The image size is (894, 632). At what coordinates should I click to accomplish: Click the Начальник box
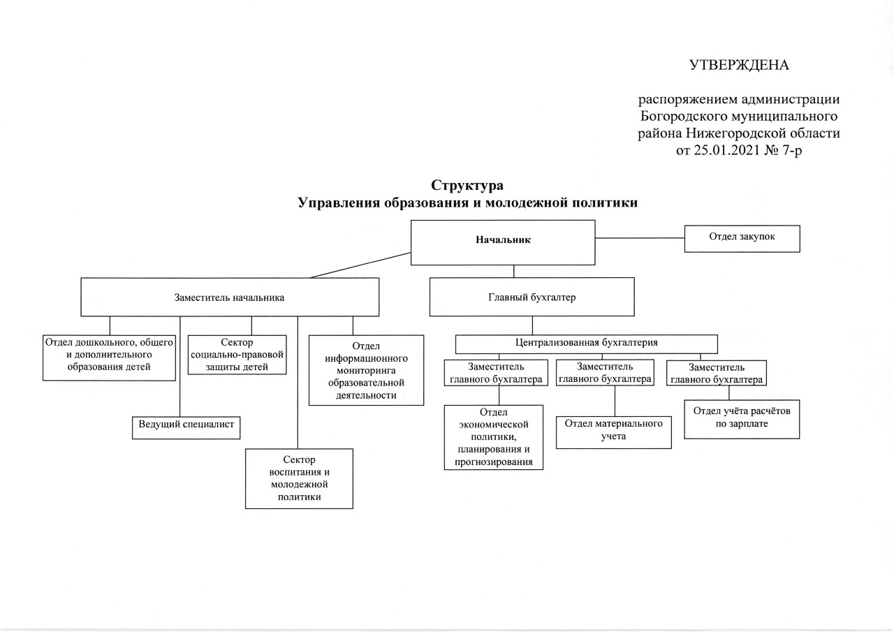pos(503,242)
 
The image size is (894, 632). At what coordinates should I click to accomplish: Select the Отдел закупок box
pos(742,239)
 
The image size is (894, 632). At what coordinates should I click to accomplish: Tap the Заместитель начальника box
pos(230,297)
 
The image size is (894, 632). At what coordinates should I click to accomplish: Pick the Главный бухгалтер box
pos(532,297)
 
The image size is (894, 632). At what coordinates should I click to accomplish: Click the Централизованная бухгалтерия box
pos(586,344)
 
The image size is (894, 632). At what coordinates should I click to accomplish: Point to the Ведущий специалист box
pos(186,427)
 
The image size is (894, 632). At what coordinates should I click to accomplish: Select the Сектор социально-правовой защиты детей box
pos(237,355)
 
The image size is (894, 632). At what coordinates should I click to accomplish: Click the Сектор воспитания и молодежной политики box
pos(299,479)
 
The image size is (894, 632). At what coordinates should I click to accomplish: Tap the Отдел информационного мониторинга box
pos(366,370)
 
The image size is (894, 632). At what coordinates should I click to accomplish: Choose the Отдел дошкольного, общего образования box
pos(109,358)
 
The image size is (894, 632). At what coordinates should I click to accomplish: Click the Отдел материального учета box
pos(613,432)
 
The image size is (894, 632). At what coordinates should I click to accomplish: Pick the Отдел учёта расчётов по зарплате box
pos(742,419)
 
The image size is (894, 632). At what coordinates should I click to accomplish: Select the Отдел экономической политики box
pos(494,437)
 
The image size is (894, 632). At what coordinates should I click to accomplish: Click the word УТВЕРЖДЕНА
pos(739,65)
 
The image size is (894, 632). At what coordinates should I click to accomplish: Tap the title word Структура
pos(467,185)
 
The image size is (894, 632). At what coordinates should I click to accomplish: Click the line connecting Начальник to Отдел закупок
pos(640,238)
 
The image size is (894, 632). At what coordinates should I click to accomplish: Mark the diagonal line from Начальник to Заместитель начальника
pos(360,265)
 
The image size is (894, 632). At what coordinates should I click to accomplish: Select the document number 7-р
pos(791,150)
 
